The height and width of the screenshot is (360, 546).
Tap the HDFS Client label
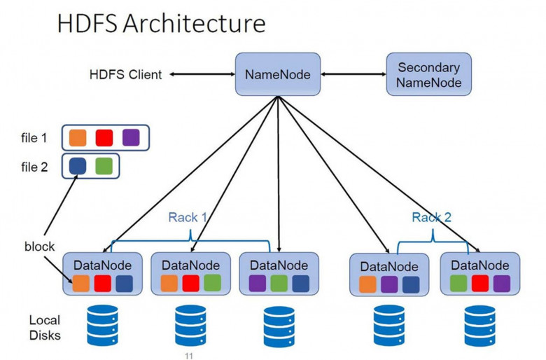125,74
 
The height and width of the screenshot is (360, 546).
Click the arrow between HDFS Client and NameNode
201,73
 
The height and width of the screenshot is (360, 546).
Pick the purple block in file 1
130,137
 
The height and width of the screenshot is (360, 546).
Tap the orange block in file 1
78,137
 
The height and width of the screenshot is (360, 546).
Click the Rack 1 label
188,217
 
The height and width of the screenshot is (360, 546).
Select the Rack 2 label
431,217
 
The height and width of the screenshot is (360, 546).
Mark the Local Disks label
45,328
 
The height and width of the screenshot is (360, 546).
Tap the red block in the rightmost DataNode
479,284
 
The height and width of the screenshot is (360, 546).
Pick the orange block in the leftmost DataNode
80,284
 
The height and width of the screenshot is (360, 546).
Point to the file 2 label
34,167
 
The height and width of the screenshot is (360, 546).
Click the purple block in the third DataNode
258,284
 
